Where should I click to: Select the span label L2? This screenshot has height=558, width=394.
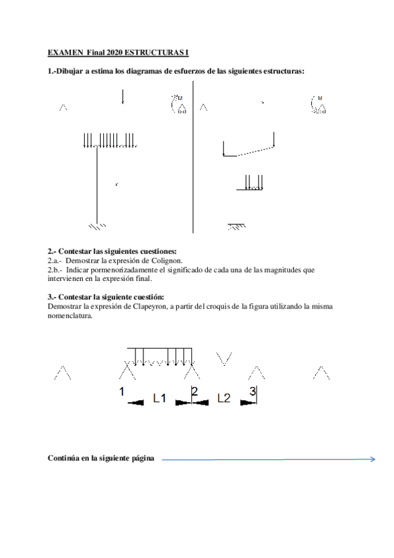click(x=224, y=397)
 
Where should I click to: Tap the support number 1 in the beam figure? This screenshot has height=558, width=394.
click(x=122, y=392)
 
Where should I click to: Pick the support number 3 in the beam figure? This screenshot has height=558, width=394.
click(x=253, y=392)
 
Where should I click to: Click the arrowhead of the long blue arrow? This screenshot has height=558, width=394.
click(x=373, y=459)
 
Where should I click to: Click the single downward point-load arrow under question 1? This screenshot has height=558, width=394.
click(x=123, y=97)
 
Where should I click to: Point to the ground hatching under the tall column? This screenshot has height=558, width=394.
click(x=97, y=227)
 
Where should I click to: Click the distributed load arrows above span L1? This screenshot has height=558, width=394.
click(x=160, y=356)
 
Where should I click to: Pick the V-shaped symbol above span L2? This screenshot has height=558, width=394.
click(x=224, y=358)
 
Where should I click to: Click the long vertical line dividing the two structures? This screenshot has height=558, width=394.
click(x=193, y=158)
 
